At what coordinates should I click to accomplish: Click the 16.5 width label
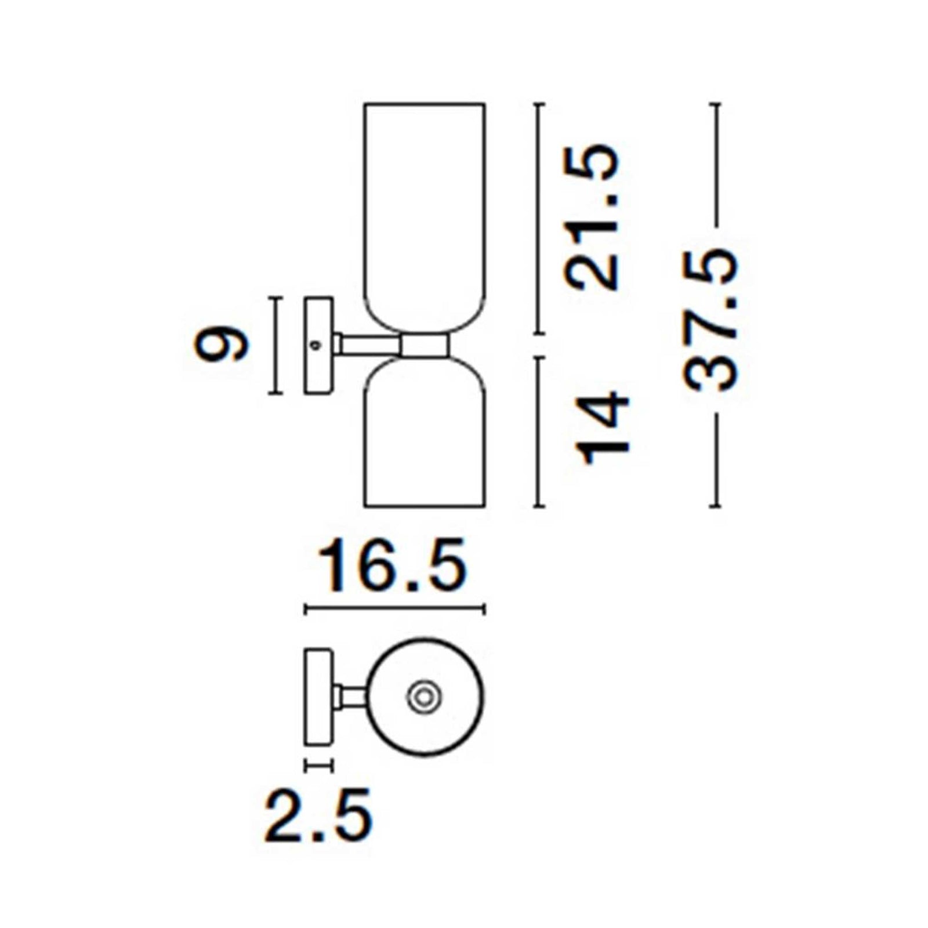(394, 565)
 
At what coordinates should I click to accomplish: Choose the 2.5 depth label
(318, 815)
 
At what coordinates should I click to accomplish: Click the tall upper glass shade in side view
(425, 209)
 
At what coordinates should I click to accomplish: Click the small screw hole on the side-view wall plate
(316, 345)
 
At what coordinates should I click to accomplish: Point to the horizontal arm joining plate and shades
(368, 345)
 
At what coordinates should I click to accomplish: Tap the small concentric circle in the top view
(424, 697)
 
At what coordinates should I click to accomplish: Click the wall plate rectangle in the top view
(318, 697)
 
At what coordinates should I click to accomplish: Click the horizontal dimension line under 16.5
(394, 609)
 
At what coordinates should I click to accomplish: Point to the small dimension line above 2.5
(318, 766)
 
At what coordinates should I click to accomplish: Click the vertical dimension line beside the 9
(276, 346)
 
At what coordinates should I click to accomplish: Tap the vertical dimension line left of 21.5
(539, 218)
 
